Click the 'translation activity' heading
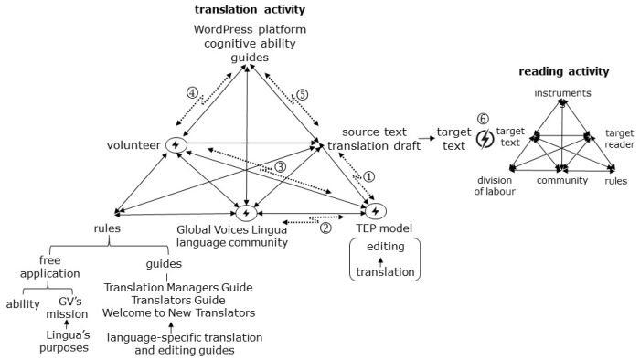pyautogui.click(x=250, y=9)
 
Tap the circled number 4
pyautogui.click(x=192, y=92)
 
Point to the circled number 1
pyautogui.click(x=369, y=176)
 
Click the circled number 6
pyautogui.click(x=485, y=120)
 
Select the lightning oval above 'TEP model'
pyautogui.click(x=379, y=212)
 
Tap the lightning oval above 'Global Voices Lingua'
pyautogui.click(x=246, y=213)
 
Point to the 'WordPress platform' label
pyautogui.click(x=250, y=29)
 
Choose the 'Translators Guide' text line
pyautogui.click(x=178, y=301)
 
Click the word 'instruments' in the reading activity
pyautogui.click(x=562, y=93)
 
